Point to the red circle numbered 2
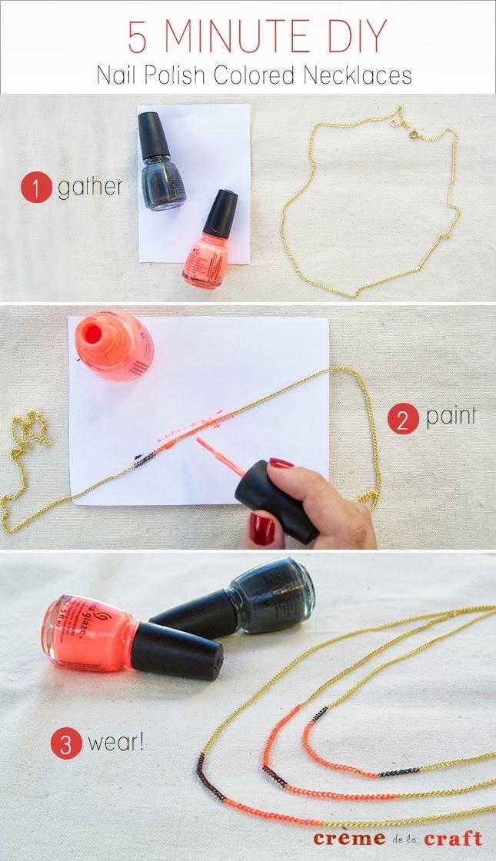click(404, 419)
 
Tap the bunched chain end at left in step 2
click(28, 434)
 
